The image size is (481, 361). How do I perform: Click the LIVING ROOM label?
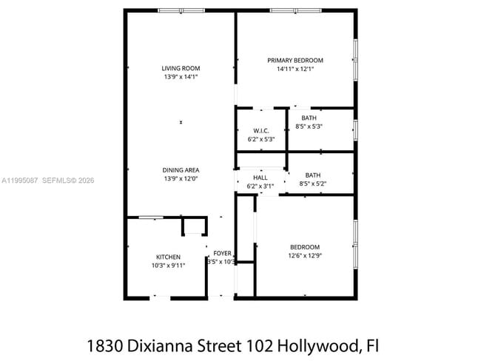181,68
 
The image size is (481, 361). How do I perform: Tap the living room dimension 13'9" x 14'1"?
181,76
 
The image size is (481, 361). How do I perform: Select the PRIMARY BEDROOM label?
295,61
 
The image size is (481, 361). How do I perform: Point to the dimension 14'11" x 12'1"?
295,70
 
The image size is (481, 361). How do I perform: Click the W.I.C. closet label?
260,131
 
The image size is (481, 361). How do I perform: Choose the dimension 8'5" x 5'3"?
309,126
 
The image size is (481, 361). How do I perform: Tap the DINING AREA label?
181,170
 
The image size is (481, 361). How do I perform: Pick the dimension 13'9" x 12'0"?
181,178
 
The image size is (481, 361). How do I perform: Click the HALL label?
260,178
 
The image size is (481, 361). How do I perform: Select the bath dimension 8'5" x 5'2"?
312,183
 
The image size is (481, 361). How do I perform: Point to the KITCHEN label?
168,257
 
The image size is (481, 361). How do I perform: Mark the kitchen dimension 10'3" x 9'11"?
168,265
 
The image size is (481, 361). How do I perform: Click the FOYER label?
222,253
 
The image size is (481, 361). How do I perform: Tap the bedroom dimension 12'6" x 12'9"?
305,255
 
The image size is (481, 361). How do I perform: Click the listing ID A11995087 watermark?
20,180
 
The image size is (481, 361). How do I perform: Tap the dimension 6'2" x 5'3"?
260,139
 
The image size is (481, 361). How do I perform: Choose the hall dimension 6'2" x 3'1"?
260,186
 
